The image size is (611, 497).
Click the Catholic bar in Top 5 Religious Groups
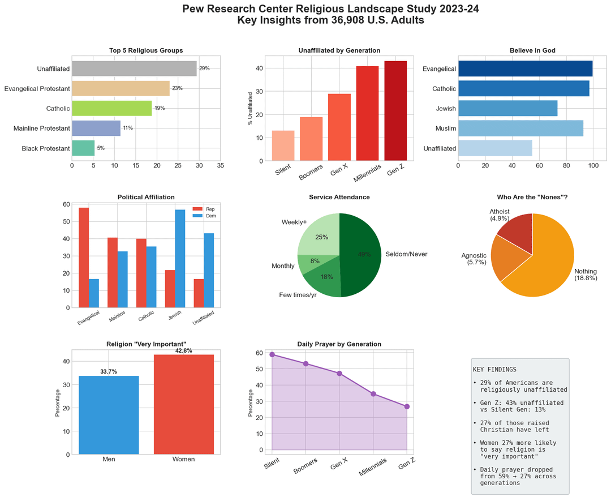111,108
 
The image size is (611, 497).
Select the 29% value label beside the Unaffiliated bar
204,68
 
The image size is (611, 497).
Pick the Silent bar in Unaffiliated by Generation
283,145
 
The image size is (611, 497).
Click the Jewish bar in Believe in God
507,108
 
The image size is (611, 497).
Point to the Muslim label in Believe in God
445,128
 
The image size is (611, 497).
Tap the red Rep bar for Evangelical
84,258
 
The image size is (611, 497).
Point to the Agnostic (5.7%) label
474,259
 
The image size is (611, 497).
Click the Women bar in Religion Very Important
183,404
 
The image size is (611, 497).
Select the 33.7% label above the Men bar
109,372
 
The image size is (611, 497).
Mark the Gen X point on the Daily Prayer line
339,374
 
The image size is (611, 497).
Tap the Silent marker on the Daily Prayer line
272,354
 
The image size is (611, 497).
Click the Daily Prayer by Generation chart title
339,344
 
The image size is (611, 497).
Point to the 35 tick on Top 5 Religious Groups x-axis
220,166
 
